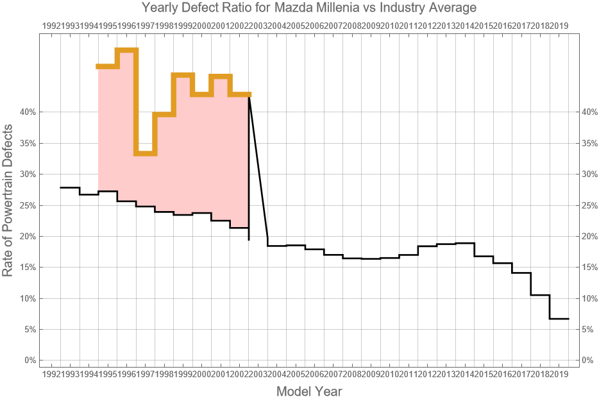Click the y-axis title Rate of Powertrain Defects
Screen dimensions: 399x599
(8, 200)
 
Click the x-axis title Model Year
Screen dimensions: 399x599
(309, 391)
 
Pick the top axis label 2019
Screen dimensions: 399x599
(559, 26)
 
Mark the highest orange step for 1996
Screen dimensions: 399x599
(126, 50)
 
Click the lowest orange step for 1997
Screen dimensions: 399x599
(145, 153)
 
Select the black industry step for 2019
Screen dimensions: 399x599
(559, 319)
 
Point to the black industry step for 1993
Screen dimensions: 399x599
(70, 187)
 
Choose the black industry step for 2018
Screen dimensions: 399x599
(540, 295)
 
